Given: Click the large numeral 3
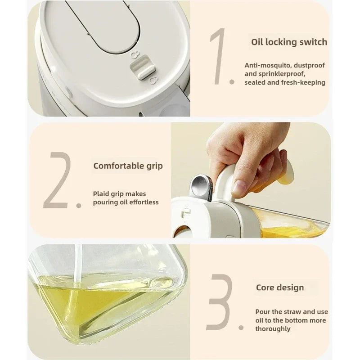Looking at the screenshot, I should (220, 302).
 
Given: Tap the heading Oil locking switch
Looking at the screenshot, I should (289, 42).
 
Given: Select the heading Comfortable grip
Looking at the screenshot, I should (128, 166).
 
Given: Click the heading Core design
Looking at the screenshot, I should (280, 287).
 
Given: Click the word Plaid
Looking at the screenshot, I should (102, 193).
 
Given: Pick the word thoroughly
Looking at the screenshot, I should (273, 328).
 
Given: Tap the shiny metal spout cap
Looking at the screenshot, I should (200, 185).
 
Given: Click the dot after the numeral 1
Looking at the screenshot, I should (232, 82).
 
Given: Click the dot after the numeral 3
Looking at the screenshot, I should (241, 328).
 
